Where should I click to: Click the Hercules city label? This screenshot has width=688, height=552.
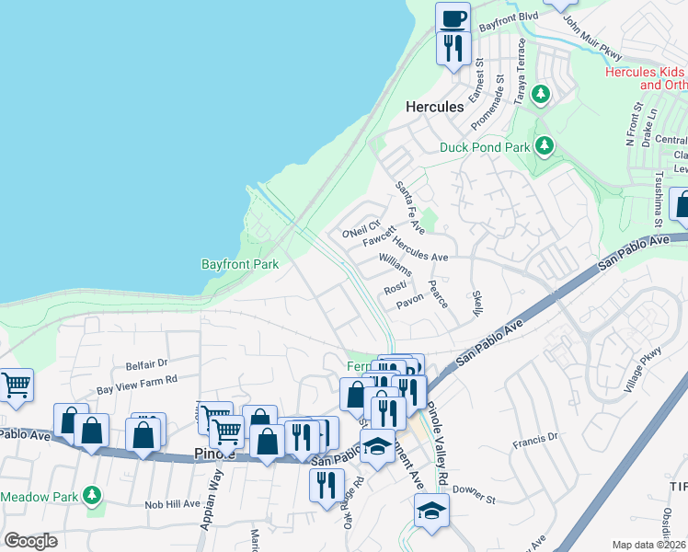coord(434,107)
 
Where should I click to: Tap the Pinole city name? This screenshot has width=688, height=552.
coord(216,454)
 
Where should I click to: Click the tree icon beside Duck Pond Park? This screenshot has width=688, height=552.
coord(545,145)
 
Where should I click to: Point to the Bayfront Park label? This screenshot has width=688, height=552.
coord(239,264)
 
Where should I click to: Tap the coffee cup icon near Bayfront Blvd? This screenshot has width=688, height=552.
coord(452,17)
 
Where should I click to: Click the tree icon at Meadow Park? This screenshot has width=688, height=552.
coord(91,496)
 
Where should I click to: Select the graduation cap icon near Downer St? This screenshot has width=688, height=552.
coord(430,510)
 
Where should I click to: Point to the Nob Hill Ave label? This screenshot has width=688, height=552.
coord(172,504)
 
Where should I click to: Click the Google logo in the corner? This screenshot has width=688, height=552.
coord(31,540)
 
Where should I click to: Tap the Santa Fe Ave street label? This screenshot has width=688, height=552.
coord(410,207)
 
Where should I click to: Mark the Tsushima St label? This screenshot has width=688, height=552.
coord(659,200)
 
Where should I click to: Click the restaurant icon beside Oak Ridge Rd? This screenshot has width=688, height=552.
coord(327,484)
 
